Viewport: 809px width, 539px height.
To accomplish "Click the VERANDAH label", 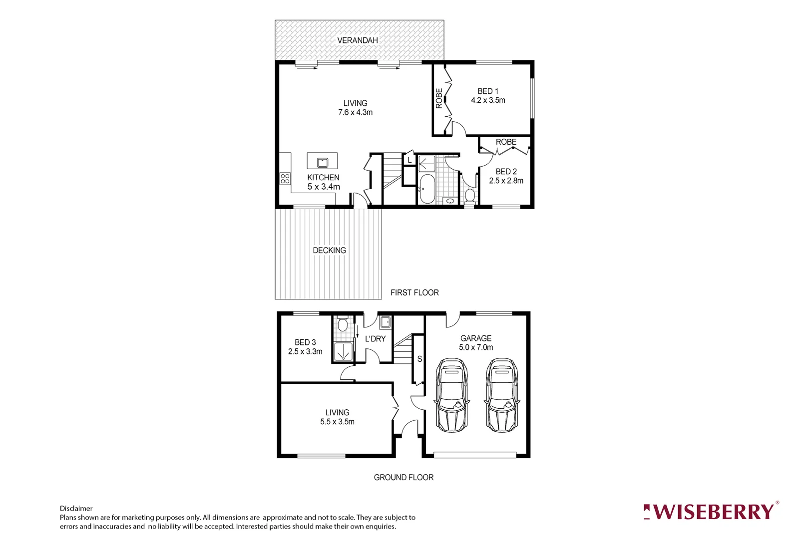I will (357, 40).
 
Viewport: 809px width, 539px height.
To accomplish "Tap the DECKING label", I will (329, 250).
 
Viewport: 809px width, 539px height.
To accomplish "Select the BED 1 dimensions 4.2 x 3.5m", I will (488, 100).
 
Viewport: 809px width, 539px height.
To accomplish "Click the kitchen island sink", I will (322, 162).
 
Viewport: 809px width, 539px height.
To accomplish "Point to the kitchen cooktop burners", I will (285, 178).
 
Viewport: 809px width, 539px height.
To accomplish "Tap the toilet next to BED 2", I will (469, 195).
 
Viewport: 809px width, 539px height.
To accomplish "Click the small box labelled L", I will (409, 160).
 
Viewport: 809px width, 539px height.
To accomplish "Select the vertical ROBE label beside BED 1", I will (439, 98).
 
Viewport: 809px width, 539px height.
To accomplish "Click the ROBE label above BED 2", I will (506, 142).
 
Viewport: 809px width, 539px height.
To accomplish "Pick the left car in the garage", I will (452, 395).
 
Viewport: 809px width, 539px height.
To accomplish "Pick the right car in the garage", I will (502, 395).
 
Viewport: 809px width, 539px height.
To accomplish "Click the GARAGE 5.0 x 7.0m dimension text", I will (476, 347).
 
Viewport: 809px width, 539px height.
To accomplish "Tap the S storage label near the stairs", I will (419, 359).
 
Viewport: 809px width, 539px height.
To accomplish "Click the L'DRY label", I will (375, 339).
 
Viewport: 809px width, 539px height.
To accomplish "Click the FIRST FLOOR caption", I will (414, 292).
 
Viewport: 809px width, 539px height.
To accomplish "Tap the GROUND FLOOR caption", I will (404, 477).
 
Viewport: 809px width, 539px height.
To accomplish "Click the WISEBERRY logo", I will (710, 512).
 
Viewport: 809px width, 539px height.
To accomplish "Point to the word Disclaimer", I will (76, 509).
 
